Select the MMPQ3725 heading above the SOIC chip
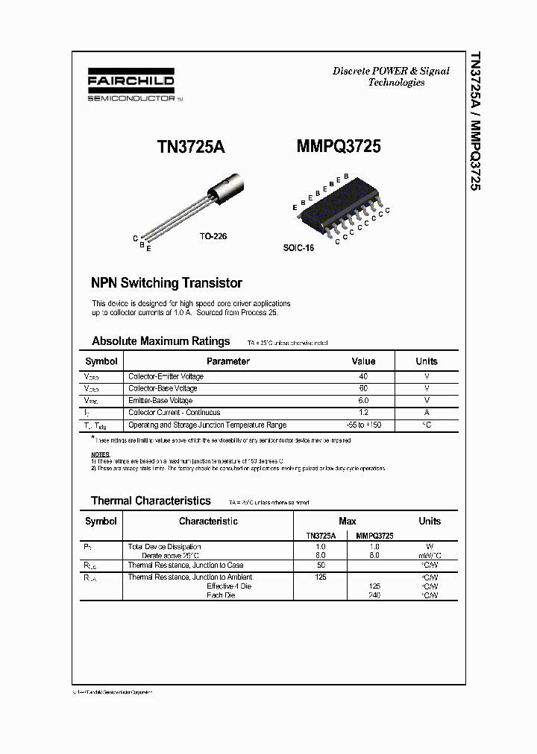pos(338,147)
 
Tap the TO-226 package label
pos(213,235)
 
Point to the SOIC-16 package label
pos(298,247)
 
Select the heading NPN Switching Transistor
pos(166,283)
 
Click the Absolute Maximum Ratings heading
pos(160,341)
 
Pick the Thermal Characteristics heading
pos(151,501)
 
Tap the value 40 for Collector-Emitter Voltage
pos(363,376)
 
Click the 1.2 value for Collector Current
pos(363,412)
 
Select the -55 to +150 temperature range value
pos(363,425)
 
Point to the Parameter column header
pos(227,361)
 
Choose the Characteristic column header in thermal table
pos(208,521)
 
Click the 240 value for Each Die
pos(374,595)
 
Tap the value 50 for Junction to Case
pos(321,565)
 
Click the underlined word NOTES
pos(100,454)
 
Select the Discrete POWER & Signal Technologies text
pos(391,77)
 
